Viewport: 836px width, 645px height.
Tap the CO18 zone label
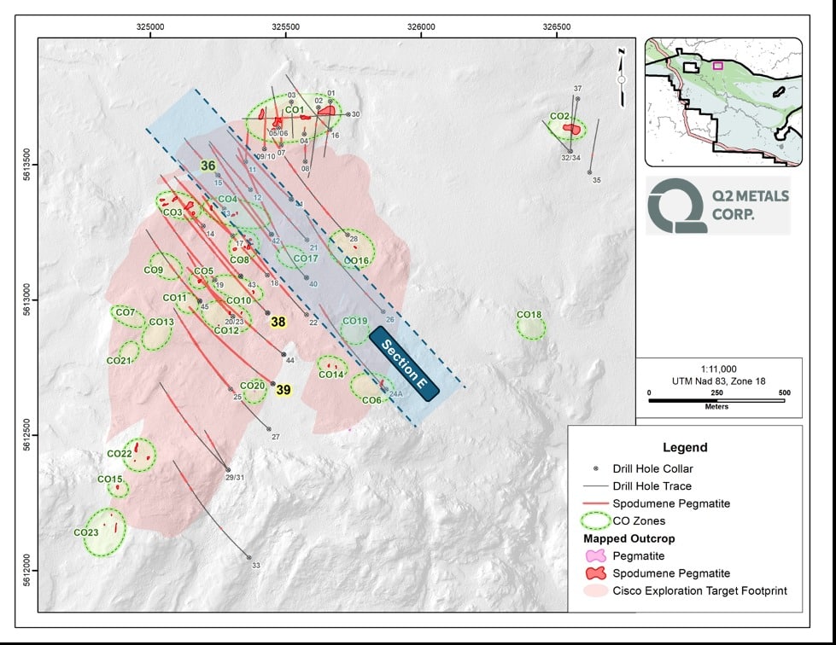[529, 315]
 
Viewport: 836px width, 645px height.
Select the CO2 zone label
[559, 116]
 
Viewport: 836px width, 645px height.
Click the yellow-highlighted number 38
[278, 322]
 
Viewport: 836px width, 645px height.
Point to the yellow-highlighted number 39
[284, 390]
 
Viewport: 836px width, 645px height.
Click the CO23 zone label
[86, 532]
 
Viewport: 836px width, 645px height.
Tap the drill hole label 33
[256, 566]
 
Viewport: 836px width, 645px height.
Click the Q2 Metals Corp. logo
[717, 205]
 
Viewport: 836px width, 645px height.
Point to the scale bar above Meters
[716, 395]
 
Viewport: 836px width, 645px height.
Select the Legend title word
[685, 447]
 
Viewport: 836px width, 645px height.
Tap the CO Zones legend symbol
[596, 520]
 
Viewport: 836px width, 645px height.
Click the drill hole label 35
[597, 180]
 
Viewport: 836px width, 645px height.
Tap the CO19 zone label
[354, 322]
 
